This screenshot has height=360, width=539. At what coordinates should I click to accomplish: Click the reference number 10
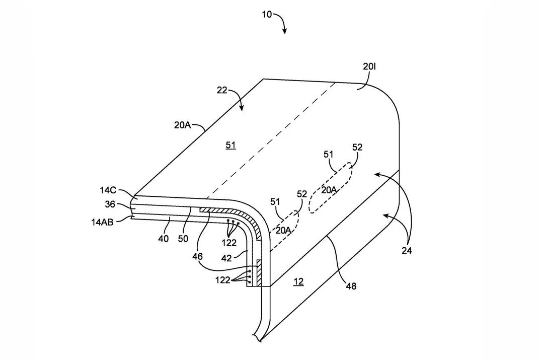tap(266, 14)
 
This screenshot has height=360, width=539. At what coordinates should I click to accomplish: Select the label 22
tap(222, 91)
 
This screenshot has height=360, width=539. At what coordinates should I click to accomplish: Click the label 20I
tap(369, 66)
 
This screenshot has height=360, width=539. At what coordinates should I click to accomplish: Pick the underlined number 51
tap(230, 146)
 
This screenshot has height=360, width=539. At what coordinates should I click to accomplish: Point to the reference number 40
tap(163, 239)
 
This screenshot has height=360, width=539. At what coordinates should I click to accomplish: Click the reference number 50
tap(183, 239)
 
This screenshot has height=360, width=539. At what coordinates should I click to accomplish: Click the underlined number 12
tap(298, 282)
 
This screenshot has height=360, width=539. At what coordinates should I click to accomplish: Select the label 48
tap(351, 286)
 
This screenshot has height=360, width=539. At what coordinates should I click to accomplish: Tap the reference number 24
tap(406, 250)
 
